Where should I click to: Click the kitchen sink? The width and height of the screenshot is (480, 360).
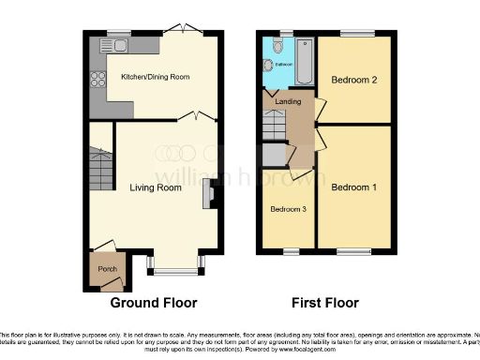[120, 45]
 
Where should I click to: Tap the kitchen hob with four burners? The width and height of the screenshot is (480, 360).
[97, 81]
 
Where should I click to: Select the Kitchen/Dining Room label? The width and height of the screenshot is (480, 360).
[156, 79]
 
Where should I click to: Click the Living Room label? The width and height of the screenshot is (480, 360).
[155, 187]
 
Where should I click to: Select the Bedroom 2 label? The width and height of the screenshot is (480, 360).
[353, 81]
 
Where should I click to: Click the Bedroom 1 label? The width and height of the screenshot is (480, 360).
[353, 187]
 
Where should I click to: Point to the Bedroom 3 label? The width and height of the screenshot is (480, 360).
[288, 208]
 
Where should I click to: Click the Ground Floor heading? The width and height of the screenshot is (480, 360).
[154, 303]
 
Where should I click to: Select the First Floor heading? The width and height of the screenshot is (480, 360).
[323, 303]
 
